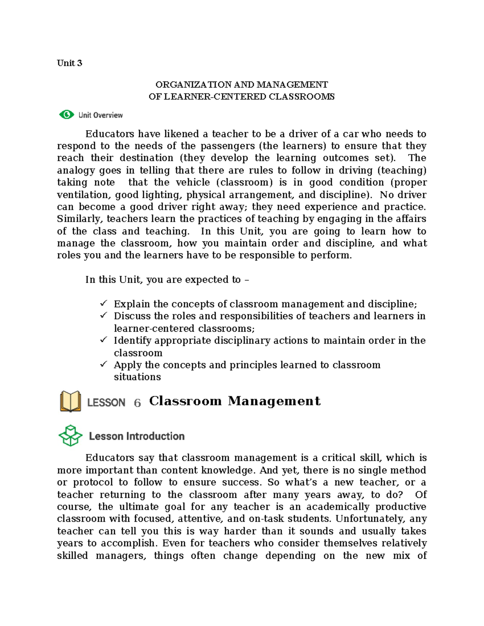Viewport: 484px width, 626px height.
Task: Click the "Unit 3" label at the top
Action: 69,63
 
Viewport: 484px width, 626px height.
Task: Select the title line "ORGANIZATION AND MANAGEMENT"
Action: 242,85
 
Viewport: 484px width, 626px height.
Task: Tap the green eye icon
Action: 67,115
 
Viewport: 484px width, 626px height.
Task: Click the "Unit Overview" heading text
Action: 100,115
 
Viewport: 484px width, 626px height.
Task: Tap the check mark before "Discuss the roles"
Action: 104,315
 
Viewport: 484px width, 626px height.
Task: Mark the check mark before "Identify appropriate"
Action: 104,340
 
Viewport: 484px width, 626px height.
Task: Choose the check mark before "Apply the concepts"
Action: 104,364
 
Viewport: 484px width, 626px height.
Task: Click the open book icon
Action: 71,401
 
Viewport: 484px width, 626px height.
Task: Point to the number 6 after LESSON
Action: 137,403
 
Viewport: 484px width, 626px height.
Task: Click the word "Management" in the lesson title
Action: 274,401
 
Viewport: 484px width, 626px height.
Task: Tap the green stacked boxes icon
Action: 71,436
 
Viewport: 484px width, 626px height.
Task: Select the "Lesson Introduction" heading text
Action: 137,436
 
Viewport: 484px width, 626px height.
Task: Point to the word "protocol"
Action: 93,482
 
